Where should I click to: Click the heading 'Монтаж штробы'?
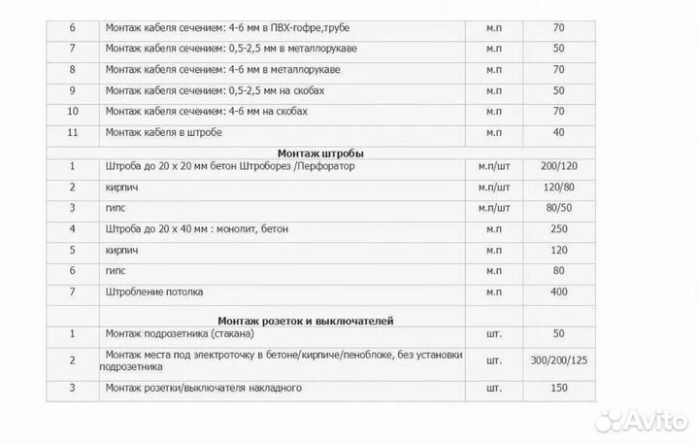pos(320,152)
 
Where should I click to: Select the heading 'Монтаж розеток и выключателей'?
pos(305,320)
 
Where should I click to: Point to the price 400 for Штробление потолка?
pos(559,291)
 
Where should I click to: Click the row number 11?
pos(72,132)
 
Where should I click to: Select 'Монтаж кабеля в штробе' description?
pos(166,132)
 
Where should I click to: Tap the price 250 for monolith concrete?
pos(559,229)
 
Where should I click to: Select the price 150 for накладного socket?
pos(559,389)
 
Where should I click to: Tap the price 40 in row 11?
pos(559,132)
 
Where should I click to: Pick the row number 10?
pos(72,111)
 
